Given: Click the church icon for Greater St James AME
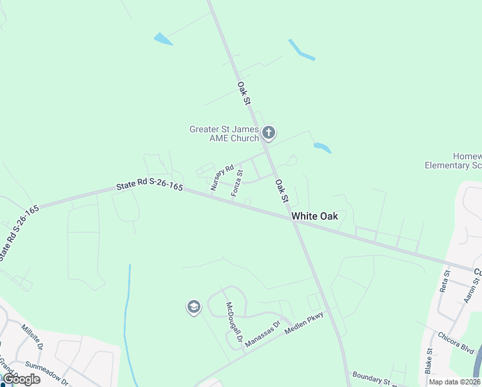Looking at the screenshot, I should click(269, 134).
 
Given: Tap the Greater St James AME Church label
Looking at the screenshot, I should click(224, 134).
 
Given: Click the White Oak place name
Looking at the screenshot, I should click(314, 216).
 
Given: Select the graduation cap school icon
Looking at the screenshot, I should click(193, 308).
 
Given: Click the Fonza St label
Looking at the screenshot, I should click(237, 183).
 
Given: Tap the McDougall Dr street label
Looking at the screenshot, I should click(233, 321).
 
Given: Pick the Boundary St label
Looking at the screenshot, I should click(369, 378).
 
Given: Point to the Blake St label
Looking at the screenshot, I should click(429, 361).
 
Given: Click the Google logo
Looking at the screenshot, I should click(21, 379).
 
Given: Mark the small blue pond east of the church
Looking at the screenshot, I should click(322, 148).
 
